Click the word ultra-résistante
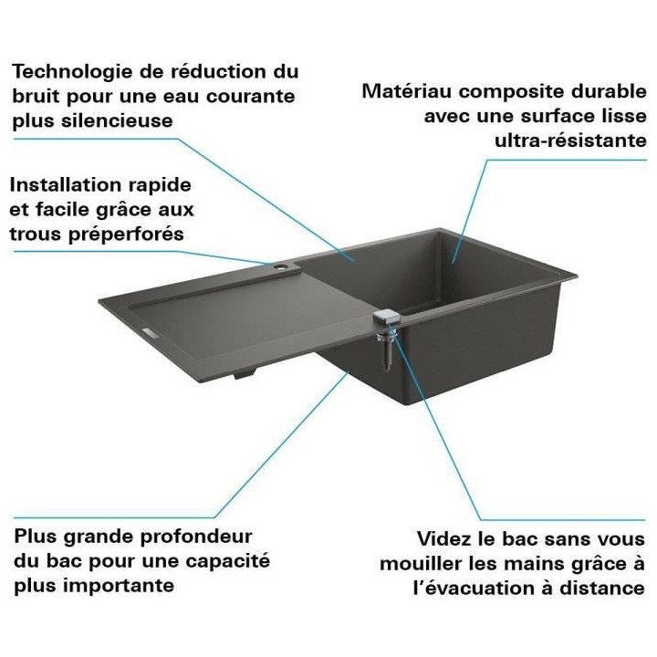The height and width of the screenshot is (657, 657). coord(571,141)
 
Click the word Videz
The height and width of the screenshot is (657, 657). coord(444,539)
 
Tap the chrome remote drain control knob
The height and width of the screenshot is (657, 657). coord(385,317)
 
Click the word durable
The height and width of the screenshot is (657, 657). coord(612,92)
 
